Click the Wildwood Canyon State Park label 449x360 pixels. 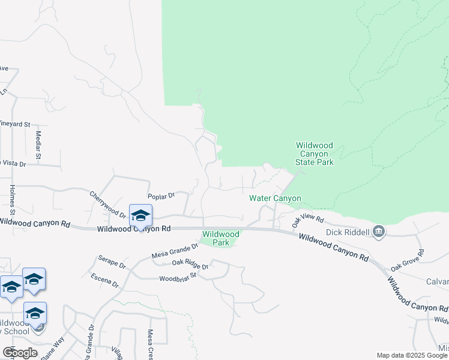pyautogui.click(x=314, y=154)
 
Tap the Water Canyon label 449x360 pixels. pyautogui.click(x=275, y=199)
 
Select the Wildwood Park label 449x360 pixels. pyautogui.click(x=220, y=238)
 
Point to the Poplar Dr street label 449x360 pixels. pyautogui.click(x=161, y=196)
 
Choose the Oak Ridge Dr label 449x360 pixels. pyautogui.click(x=190, y=264)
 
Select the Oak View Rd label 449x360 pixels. pyautogui.click(x=307, y=221)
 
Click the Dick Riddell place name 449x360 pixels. pyautogui.click(x=348, y=232)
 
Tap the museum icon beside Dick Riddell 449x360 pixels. pyautogui.click(x=379, y=232)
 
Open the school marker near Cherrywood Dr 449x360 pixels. pyautogui.click(x=140, y=215)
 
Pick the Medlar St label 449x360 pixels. pyautogui.click(x=38, y=145)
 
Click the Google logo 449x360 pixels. pyautogui.click(x=20, y=353)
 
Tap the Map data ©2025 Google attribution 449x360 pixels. pyautogui.click(x=411, y=355)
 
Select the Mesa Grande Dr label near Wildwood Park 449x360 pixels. pyautogui.click(x=175, y=250)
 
